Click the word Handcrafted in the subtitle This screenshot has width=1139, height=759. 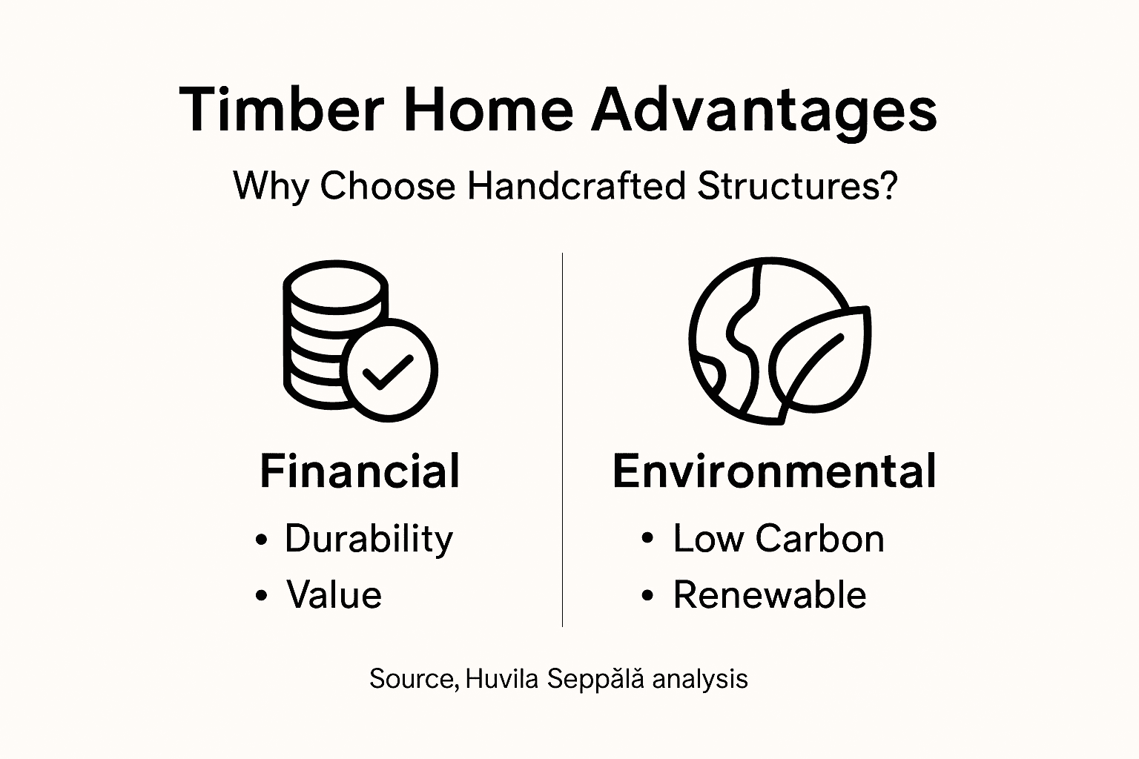pos(576,186)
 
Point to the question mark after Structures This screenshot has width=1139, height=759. pos(888,186)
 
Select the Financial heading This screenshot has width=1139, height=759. pos(360,471)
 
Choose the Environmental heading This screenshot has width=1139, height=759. pos(774,471)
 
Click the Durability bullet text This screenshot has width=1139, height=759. pos(369,539)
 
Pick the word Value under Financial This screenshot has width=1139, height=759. pos(334,594)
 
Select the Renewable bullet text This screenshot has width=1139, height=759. pos(770,594)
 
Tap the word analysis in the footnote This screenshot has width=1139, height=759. pos(701,678)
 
